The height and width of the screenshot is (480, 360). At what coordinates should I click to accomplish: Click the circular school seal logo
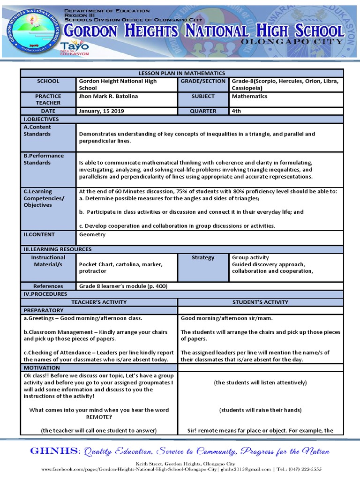click(x=33, y=30)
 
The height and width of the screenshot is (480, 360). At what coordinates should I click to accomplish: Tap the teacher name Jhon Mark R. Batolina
click(x=108, y=96)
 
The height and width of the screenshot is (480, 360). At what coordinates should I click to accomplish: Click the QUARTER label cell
click(x=203, y=111)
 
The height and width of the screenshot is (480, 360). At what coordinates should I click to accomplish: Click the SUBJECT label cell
click(x=203, y=96)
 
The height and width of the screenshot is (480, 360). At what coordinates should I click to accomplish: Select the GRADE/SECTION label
click(x=203, y=81)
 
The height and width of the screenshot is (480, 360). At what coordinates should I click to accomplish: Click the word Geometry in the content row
click(x=92, y=234)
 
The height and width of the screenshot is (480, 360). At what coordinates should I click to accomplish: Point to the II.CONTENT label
click(x=39, y=234)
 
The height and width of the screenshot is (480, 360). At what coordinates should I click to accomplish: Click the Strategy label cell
click(x=203, y=257)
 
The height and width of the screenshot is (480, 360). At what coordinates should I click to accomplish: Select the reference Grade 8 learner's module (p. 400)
click(x=123, y=286)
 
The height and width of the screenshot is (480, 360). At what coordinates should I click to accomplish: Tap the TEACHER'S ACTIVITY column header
click(x=99, y=302)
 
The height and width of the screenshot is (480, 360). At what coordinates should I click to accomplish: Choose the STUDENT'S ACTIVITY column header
click(x=260, y=302)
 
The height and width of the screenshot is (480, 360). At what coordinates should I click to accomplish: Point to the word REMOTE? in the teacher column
click(x=98, y=417)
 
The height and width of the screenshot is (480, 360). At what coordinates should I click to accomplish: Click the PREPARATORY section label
click(x=44, y=310)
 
